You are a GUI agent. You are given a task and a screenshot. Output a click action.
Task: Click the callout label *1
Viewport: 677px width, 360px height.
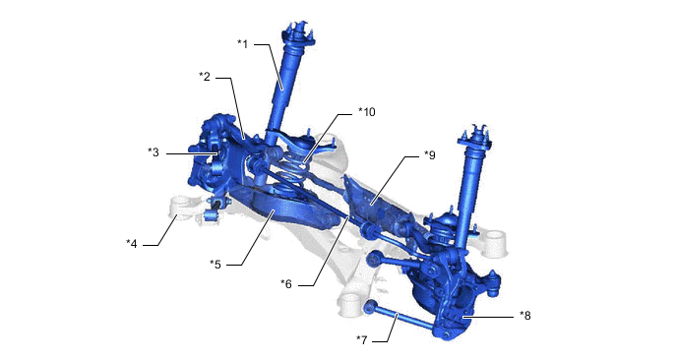coord(244,43)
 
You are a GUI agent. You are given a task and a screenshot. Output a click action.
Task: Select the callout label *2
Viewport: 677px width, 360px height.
coord(205,77)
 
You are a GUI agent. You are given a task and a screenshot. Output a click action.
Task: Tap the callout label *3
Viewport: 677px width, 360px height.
coord(154,152)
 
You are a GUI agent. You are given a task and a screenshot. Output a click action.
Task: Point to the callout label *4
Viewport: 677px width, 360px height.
coord(132,243)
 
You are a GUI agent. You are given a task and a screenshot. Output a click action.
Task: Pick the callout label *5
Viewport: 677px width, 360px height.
coord(215,264)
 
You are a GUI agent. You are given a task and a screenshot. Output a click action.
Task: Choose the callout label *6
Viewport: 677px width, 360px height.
coord(286,284)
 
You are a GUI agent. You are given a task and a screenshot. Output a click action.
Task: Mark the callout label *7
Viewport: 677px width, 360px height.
coord(362,340)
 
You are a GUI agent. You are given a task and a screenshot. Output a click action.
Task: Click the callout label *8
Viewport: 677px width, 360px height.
coord(528,316)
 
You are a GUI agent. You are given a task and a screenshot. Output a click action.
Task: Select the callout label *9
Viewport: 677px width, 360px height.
coord(429,155)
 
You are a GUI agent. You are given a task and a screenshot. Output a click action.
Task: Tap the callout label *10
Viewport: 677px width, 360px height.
coord(366,112)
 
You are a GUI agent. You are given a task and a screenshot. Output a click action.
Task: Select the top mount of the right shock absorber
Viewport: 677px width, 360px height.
coord(476,135)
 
